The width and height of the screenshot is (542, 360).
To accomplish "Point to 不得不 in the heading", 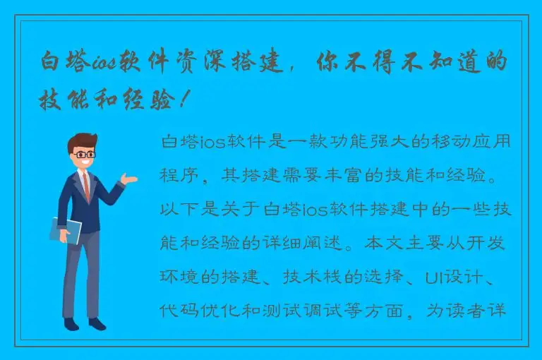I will (398, 63).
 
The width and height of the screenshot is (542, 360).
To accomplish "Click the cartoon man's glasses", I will (83, 153).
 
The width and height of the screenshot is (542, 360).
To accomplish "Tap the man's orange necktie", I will (86, 186).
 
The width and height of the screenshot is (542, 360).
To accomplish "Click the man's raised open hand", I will (128, 179).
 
